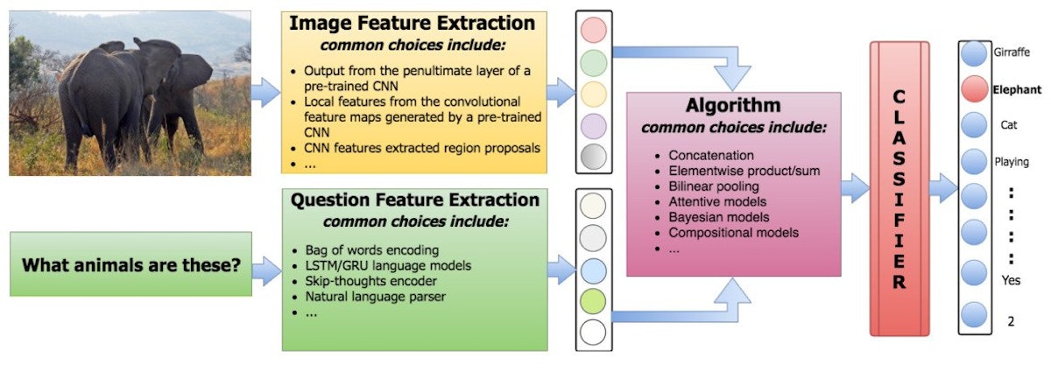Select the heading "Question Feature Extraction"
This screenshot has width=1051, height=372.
click(414, 200)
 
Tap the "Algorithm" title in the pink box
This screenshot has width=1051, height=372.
click(734, 106)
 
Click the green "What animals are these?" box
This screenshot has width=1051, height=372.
click(130, 263)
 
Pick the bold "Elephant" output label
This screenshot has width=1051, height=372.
click(1017, 89)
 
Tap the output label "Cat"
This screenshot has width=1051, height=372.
click(1008, 125)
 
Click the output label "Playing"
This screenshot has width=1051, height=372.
click(1012, 162)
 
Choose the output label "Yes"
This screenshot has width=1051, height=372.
click(1010, 280)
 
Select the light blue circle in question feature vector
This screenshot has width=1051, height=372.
click(593, 270)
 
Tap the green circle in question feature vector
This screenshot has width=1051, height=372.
click(593, 301)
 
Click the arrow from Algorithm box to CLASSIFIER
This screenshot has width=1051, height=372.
click(855, 186)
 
